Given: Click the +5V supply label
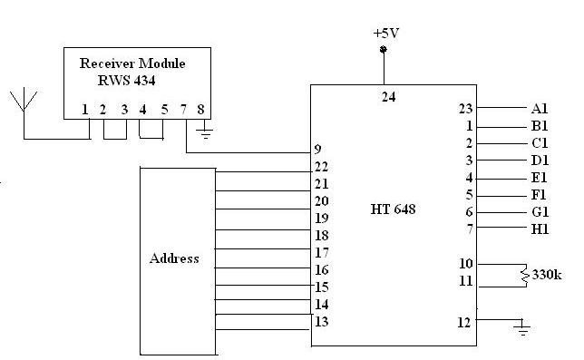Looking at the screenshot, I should click(x=384, y=32).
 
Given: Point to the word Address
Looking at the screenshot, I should click(x=174, y=258).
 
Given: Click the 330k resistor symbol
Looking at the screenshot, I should click(x=523, y=273).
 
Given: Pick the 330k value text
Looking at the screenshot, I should click(x=548, y=274).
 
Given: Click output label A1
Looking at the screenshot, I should click(x=540, y=109).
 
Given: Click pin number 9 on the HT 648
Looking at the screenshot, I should click(x=317, y=149).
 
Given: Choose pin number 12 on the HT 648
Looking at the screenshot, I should click(x=465, y=320).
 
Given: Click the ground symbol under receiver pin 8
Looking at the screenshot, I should click(x=206, y=135).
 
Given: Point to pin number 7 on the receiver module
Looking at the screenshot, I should click(x=185, y=111).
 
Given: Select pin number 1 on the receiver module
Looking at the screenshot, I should click(x=84, y=111).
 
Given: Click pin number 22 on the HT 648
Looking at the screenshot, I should click(x=321, y=166).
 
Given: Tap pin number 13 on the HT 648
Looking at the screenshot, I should click(x=321, y=321).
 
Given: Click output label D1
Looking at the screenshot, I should click(x=540, y=161).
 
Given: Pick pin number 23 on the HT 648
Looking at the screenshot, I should click(x=465, y=109).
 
